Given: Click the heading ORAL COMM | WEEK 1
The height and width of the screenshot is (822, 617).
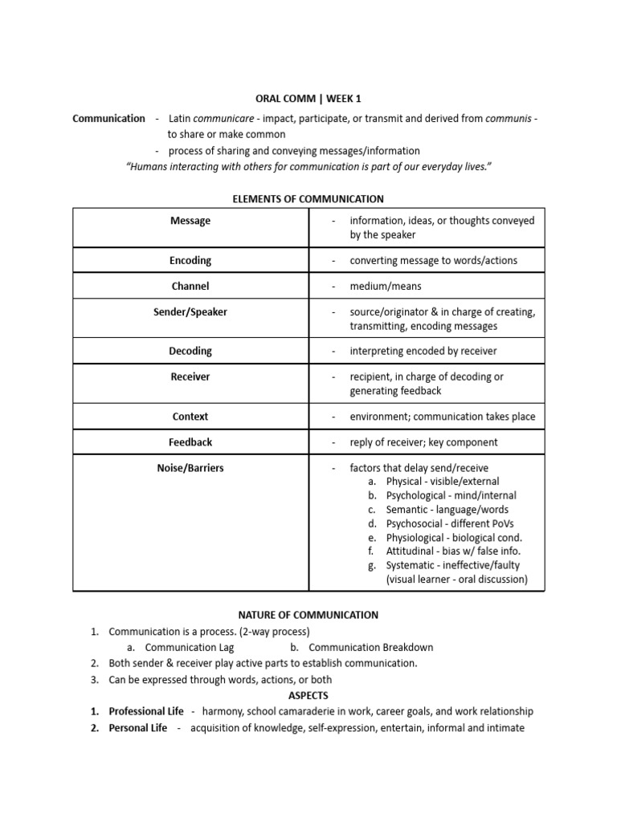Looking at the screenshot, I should point(308,99).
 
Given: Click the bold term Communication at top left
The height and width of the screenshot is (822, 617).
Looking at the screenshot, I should point(108,119).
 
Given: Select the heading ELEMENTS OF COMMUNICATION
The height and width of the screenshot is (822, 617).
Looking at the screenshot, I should point(308,199).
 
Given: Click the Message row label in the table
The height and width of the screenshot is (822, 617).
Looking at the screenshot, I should point(190,221).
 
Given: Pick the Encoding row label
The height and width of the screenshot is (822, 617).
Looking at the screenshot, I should point(190,260).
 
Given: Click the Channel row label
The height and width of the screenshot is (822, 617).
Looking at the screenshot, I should point(190,286).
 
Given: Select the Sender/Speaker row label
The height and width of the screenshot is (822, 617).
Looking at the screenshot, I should point(190,312).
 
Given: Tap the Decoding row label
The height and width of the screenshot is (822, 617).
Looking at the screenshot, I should point(190,351).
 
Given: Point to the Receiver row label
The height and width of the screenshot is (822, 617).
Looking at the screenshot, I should point(190,376).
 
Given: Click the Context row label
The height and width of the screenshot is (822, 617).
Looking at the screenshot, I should point(190,417).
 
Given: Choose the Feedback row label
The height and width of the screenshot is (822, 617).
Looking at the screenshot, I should point(190,442).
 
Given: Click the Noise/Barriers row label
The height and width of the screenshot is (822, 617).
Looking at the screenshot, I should point(190,468).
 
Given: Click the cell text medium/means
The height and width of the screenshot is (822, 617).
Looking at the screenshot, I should point(385,286).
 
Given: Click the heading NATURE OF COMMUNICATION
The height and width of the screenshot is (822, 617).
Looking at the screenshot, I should point(308,615).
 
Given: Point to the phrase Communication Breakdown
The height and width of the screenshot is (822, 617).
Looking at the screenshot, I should point(370,647).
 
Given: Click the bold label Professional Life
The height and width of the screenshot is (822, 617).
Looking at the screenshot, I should point(145,711).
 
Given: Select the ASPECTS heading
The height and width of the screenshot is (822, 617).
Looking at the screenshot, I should point(308,695).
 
